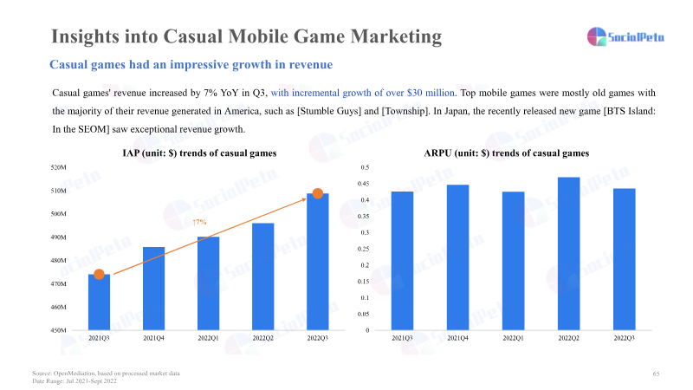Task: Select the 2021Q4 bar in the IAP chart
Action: pyautogui.click(x=153, y=289)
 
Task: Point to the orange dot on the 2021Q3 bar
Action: pyautogui.click(x=99, y=275)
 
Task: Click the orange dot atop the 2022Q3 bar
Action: pyautogui.click(x=318, y=193)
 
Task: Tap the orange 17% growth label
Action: pyautogui.click(x=198, y=223)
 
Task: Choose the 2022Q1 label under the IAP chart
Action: pyautogui.click(x=208, y=339)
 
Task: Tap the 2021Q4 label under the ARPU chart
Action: pyautogui.click(x=457, y=339)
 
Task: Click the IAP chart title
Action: pyautogui.click(x=199, y=153)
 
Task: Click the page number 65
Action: pyautogui.click(x=656, y=373)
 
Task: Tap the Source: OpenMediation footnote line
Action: pyautogui.click(x=106, y=373)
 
